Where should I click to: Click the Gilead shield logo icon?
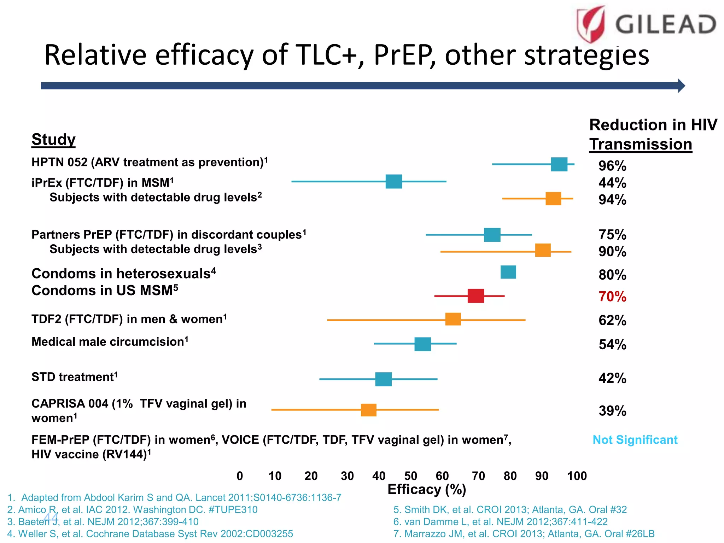pos(591,24)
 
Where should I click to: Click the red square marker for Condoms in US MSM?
pos(475,296)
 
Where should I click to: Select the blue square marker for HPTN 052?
pos(559,164)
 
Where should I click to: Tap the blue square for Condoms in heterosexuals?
pos(508,272)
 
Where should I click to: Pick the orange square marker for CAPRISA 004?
pos(368,410)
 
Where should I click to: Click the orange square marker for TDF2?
pos(453,319)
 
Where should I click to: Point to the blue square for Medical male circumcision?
pos(422,344)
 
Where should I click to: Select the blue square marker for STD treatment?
pos(383,379)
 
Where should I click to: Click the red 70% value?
pos(612,297)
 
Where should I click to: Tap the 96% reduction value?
pos(612,166)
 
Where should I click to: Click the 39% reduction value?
pos(612,411)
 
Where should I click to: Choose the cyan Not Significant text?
pos(635,440)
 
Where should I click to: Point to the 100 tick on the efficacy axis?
pos(577,476)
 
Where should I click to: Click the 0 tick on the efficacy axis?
pos(240,476)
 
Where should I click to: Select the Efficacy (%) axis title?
pos(427,490)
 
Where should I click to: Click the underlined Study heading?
pos(53,139)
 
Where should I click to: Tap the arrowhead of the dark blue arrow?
pos(681,86)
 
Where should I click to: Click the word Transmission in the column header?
pos(641,145)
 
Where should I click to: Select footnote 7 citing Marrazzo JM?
pos(524,534)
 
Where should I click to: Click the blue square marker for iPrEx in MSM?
pos(393,181)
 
